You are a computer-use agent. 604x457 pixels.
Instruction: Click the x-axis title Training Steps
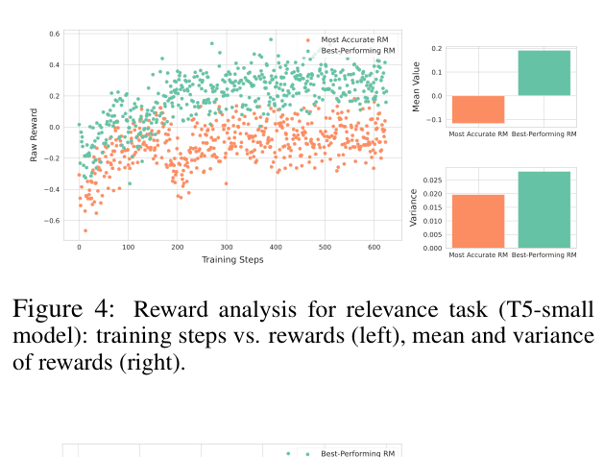[232, 260]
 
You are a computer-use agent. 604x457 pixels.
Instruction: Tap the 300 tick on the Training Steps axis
[227, 248]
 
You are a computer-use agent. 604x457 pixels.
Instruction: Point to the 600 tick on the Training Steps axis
[374, 248]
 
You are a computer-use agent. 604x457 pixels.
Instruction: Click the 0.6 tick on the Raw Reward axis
[56, 34]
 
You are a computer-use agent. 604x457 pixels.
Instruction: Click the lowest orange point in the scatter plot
[85, 230]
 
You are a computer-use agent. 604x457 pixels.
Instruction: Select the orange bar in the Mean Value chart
[477, 108]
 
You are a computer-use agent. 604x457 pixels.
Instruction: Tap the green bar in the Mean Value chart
[544, 73]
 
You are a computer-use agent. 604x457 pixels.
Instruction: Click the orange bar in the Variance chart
[477, 221]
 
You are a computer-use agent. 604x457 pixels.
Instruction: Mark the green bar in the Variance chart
[544, 209]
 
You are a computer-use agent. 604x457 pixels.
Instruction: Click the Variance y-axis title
[414, 208]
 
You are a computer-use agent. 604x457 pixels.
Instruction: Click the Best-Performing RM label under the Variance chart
[544, 255]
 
